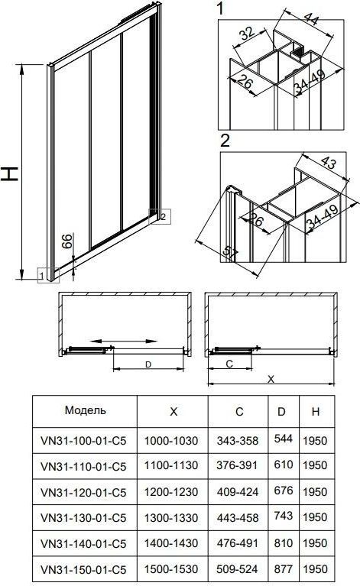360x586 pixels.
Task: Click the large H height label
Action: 9,173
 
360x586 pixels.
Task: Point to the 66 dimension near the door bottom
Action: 66,241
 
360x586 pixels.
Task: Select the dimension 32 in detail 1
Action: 247,34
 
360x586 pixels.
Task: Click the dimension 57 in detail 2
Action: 230,253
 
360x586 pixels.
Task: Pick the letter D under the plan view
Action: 148,364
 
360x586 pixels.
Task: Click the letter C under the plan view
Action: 229,364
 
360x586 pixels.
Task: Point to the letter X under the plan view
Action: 271,379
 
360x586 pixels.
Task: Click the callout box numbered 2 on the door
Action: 160,216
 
